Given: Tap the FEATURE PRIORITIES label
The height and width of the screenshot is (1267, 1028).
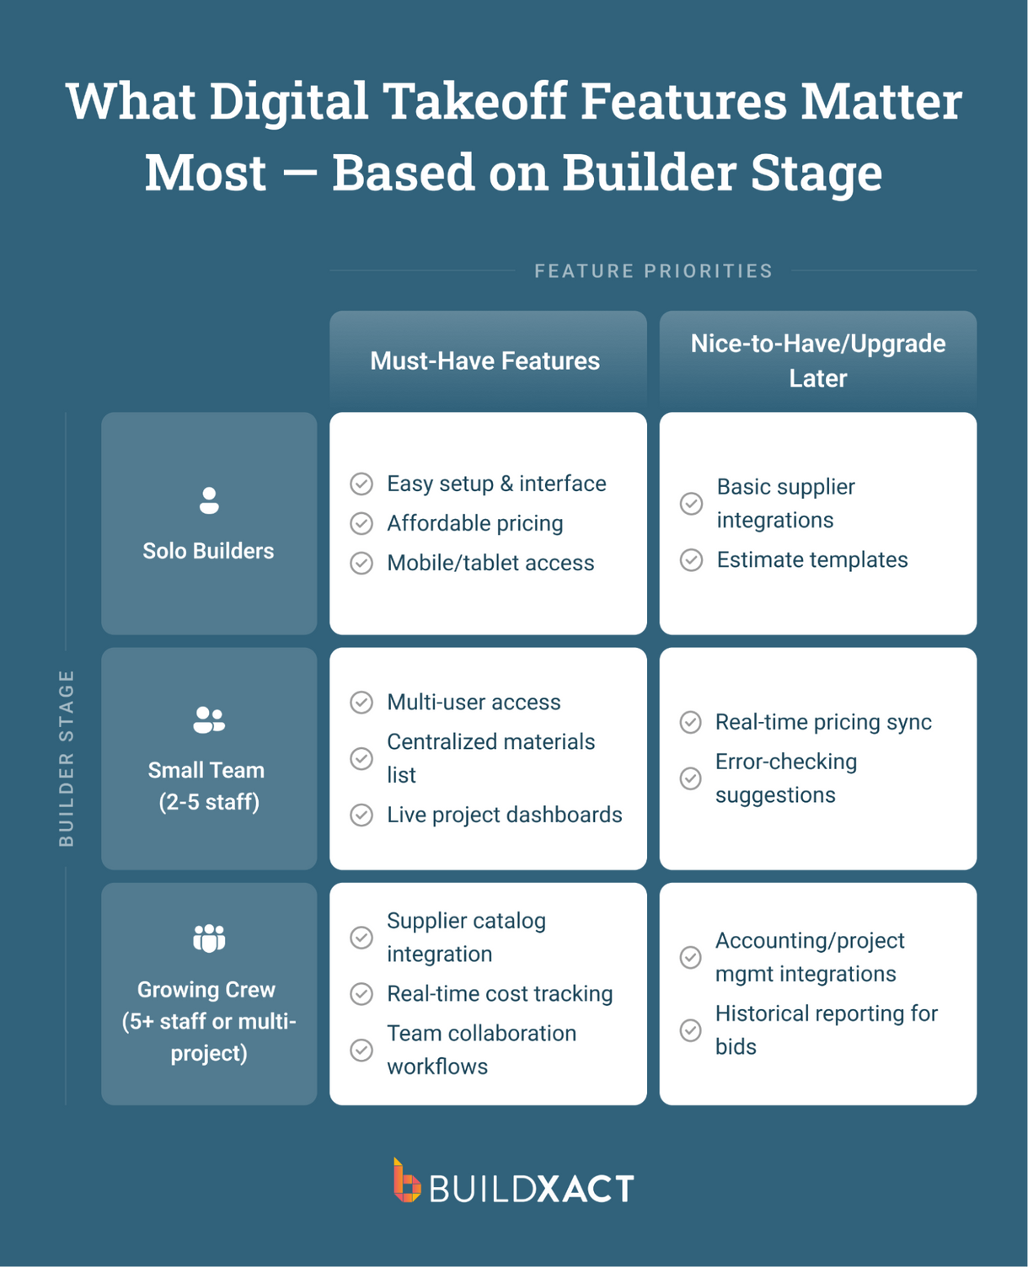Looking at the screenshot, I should [x=653, y=271].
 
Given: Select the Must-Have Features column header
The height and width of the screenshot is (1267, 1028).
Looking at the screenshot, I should [x=485, y=361].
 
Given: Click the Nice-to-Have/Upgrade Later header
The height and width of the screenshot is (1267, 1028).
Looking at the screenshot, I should [x=817, y=361].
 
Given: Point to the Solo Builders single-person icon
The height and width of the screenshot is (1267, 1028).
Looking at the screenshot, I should [x=209, y=500].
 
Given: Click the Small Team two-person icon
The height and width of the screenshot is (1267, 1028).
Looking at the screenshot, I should [x=209, y=719].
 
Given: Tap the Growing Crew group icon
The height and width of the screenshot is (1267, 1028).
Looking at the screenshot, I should [x=209, y=938].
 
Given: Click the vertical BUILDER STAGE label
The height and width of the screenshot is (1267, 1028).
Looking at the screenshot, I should [x=67, y=758].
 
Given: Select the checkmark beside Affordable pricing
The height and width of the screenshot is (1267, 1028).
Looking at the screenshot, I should [x=361, y=524].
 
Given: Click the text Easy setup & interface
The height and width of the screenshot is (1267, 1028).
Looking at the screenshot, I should [x=496, y=484].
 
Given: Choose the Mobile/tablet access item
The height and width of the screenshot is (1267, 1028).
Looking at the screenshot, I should [x=490, y=563].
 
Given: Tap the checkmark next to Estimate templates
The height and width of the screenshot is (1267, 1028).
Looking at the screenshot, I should [x=691, y=560].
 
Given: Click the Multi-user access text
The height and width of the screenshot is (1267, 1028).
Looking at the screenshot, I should [x=474, y=703].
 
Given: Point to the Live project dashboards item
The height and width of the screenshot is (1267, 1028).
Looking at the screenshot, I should [x=504, y=815].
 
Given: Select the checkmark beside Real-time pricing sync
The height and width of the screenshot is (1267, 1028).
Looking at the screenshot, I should [x=690, y=723].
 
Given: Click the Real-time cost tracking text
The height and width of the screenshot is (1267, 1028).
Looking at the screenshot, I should [x=500, y=994].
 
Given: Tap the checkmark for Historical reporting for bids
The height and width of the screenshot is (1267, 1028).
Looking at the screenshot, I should [x=690, y=1030].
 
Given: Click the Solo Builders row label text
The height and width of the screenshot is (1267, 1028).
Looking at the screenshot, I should [x=208, y=551].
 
